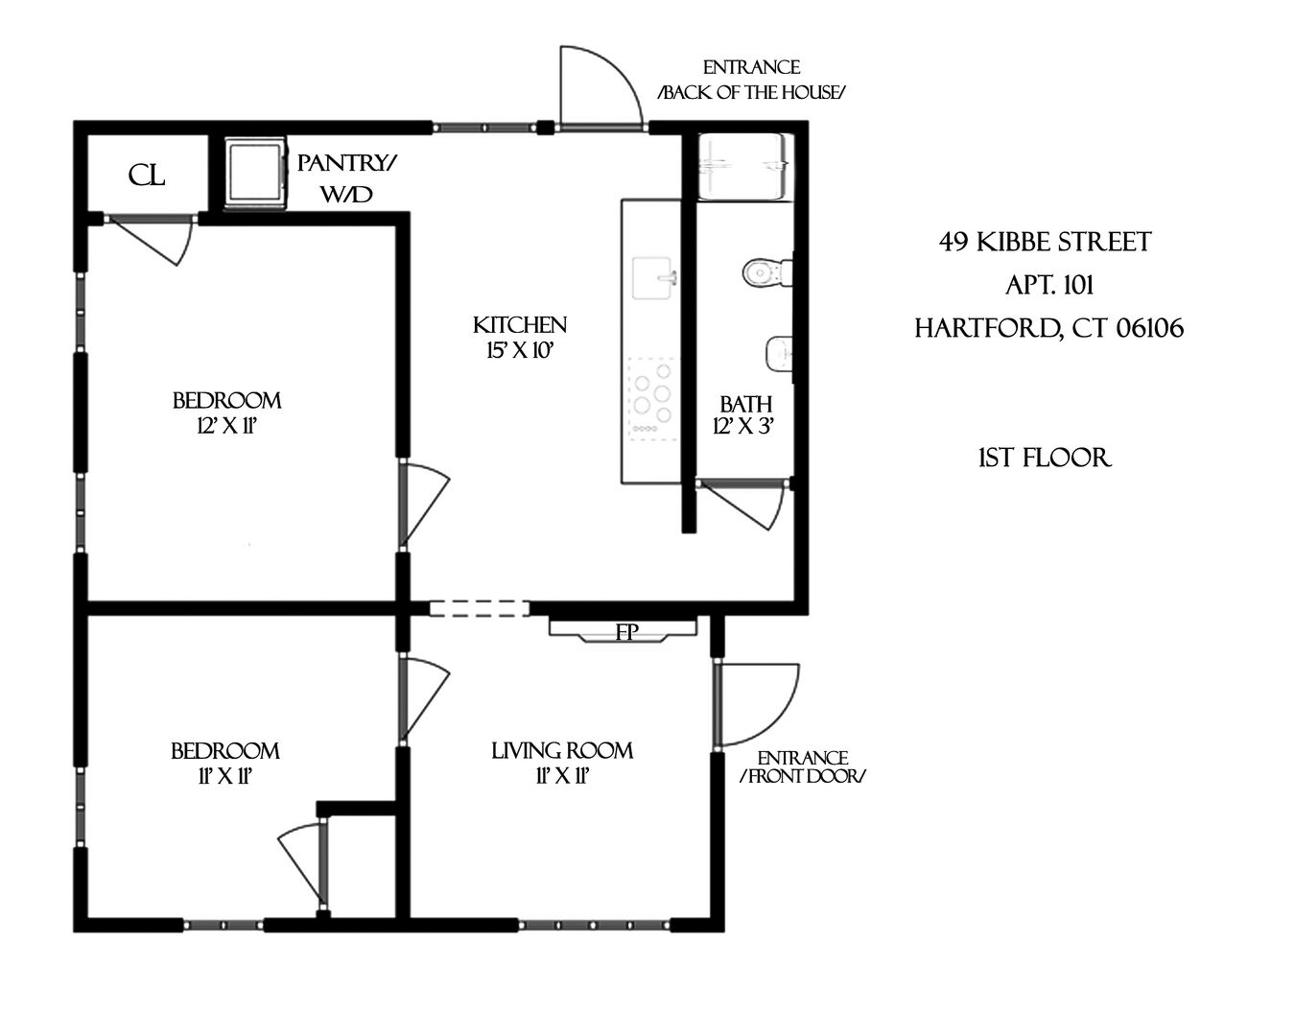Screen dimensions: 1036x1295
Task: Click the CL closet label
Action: click(x=147, y=175)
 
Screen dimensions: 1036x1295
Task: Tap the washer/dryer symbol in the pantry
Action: click(x=255, y=172)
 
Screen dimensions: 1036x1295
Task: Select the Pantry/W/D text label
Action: click(x=345, y=178)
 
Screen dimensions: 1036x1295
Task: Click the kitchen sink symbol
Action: click(x=654, y=278)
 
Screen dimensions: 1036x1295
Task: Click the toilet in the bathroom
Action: click(x=767, y=272)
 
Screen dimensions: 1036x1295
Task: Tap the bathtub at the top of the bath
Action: click(x=745, y=166)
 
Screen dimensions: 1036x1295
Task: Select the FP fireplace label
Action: click(x=626, y=632)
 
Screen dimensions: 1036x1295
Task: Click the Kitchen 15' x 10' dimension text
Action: click(x=520, y=338)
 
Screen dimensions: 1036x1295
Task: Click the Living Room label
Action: click(x=562, y=751)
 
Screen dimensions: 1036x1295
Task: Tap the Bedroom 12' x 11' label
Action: click(x=227, y=412)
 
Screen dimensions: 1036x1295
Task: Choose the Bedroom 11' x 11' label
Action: click(x=225, y=764)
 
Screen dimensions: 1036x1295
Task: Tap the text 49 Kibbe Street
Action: click(x=1045, y=242)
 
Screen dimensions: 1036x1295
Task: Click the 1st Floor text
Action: click(x=1044, y=458)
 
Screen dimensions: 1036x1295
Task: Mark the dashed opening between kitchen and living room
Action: click(x=479, y=607)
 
